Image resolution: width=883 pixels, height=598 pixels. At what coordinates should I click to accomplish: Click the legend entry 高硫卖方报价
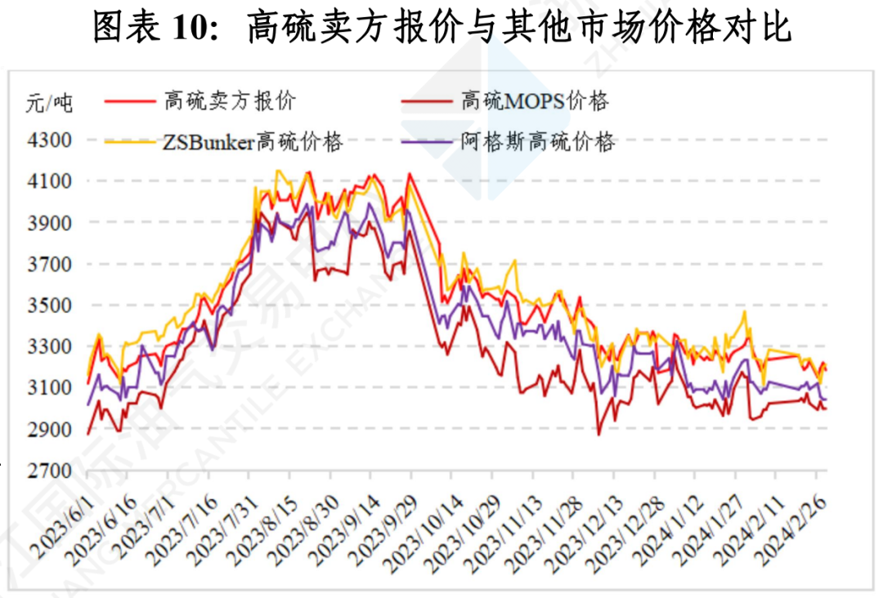coord(230,101)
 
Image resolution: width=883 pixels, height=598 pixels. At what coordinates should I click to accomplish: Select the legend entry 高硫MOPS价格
coord(536,101)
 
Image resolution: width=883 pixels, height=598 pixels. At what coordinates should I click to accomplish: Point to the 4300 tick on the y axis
coord(50,140)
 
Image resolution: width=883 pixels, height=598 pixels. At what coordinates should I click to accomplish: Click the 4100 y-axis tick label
coord(50,181)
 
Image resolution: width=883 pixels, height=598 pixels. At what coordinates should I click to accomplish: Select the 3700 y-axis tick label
coord(50,264)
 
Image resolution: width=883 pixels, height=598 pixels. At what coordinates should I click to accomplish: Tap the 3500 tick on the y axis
coord(50,306)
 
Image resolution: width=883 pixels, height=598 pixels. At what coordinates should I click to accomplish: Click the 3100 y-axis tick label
coord(50,388)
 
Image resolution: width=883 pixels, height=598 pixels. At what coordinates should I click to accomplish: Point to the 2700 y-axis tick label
coord(50,471)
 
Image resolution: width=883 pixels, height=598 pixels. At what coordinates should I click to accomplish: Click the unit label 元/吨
coord(49,103)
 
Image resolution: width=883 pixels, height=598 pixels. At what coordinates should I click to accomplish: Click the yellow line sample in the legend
coord(130,142)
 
